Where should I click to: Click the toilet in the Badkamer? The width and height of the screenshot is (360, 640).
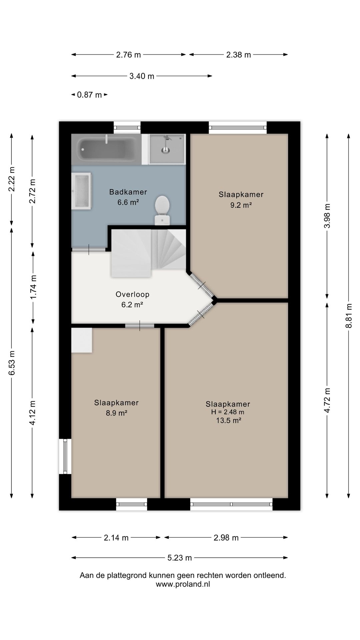(x=162, y=210)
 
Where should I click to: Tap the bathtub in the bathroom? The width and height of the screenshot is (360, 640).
(x=106, y=149)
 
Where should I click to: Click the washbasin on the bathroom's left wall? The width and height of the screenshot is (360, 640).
(x=81, y=191)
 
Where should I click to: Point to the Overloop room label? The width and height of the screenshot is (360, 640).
(x=132, y=294)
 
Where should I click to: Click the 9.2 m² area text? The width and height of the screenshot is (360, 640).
(x=241, y=205)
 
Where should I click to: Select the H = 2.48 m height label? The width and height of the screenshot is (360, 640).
(x=228, y=412)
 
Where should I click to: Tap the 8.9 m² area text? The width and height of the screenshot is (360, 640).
(x=117, y=413)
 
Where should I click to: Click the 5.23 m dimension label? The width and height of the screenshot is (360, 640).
(x=180, y=558)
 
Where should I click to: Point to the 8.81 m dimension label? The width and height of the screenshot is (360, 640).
(x=349, y=315)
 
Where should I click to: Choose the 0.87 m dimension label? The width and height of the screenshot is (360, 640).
(x=89, y=95)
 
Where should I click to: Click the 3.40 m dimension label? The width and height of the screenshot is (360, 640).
(x=142, y=76)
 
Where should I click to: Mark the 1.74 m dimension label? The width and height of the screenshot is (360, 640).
(x=33, y=287)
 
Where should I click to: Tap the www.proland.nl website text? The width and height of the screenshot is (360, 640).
(x=183, y=584)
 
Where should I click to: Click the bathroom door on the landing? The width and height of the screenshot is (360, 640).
(x=89, y=249)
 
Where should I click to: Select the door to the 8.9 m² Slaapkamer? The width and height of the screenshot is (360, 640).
(x=140, y=325)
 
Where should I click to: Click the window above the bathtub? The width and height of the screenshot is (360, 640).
(x=127, y=127)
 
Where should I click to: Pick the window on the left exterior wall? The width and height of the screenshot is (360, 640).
(x=65, y=456)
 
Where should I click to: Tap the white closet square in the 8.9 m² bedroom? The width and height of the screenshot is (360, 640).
(x=82, y=340)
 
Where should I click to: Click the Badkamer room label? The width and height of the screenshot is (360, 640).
(x=128, y=192)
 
